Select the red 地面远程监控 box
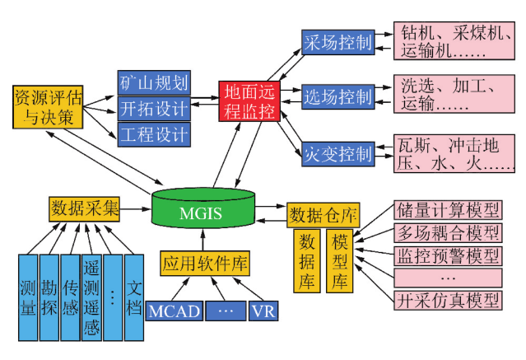[249, 101]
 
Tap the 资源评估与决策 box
[49, 106]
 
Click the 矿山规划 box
[154, 82]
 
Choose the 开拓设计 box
[154, 108]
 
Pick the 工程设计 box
[154, 133]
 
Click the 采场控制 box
[338, 42]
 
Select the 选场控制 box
[338, 97]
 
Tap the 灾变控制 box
[338, 153]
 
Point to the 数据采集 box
[84, 208]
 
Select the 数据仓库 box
[323, 216]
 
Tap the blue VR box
[263, 311]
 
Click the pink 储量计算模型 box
[448, 208]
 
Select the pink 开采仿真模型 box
[448, 299]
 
